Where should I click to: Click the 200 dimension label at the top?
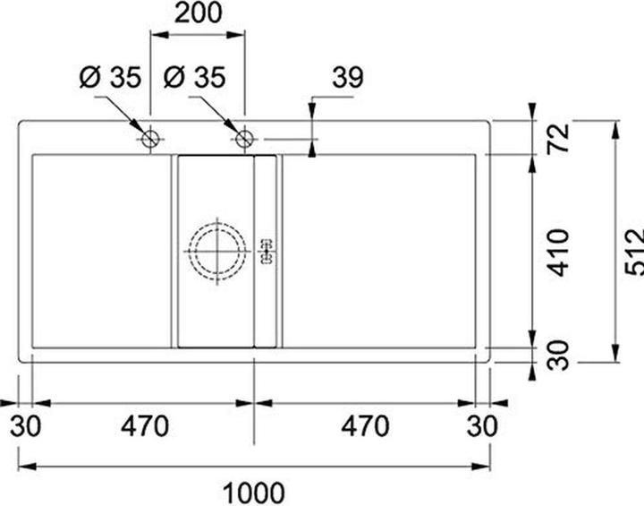coord(199,13)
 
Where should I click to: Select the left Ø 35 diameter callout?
coord(110,77)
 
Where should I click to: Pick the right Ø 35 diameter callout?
coord(194,77)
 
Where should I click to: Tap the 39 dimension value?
coord(348,77)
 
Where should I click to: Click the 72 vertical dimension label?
coord(558,138)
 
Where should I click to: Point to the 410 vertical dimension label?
coord(558,253)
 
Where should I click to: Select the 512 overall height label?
coord(634,252)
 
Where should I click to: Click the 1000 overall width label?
coord(253,493)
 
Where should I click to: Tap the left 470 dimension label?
coord(145,425)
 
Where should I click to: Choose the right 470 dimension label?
coord(365,425)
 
